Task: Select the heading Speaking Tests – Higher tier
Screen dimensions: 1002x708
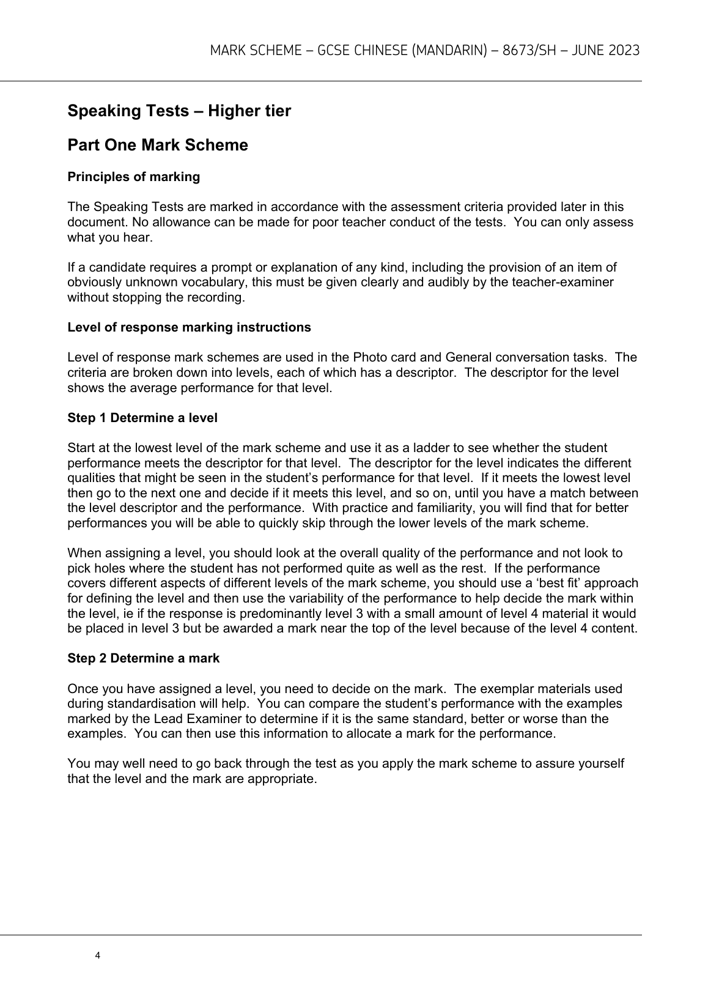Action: [179, 111]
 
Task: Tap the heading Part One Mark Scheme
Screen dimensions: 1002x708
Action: [158, 146]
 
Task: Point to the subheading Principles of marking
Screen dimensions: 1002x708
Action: [133, 177]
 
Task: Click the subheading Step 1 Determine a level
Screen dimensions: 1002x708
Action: [142, 418]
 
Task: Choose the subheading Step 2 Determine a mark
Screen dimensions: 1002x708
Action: [143, 658]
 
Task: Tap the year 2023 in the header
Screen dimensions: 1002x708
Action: [624, 51]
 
